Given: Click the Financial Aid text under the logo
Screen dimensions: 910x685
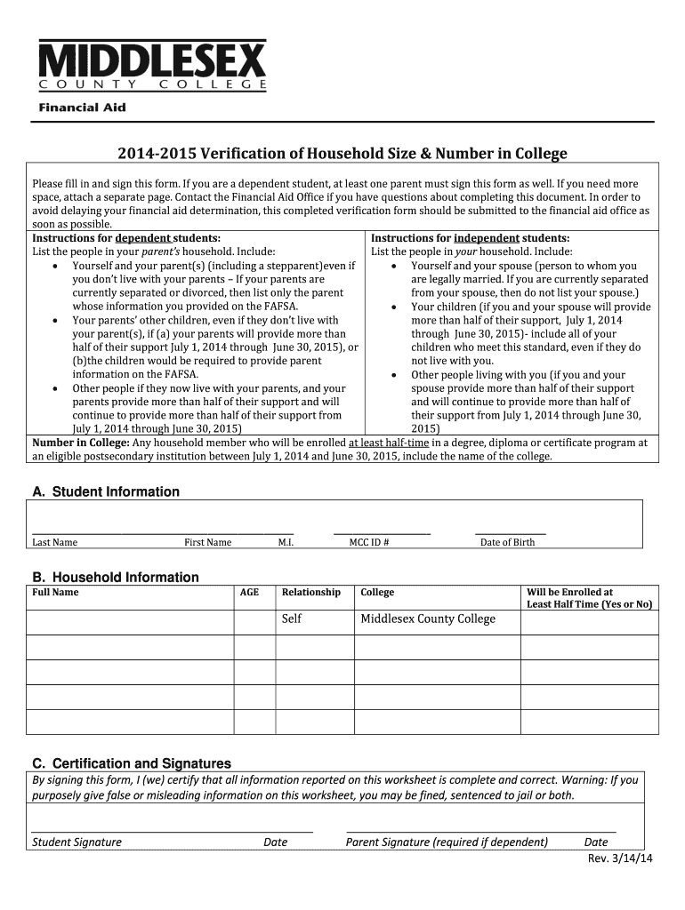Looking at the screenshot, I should click(81, 108).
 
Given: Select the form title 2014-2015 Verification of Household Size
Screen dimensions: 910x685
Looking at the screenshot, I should click(342, 154).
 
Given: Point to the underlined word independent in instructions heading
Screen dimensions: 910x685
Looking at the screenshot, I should click(486, 238).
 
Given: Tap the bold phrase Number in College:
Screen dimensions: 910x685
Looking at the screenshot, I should click(81, 443).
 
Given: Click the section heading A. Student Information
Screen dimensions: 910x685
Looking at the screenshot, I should click(106, 491).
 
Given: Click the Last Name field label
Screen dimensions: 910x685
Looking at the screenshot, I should click(55, 542).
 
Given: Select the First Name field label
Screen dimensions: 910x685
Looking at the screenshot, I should click(207, 542).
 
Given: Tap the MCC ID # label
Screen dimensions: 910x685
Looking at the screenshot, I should click(368, 542).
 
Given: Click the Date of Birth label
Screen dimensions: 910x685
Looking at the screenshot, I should click(507, 542).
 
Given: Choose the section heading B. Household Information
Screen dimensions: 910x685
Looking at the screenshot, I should click(116, 578).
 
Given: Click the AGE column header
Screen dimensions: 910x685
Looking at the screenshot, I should click(250, 592).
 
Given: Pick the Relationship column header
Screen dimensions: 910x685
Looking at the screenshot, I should click(310, 592).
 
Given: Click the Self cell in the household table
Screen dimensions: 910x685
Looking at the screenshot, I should click(292, 619).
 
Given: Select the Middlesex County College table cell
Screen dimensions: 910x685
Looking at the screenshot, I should click(427, 619).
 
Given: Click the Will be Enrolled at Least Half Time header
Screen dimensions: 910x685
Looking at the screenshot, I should click(589, 598).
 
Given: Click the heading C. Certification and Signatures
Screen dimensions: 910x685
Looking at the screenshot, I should click(132, 763).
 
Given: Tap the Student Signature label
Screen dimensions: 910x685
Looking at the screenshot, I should click(77, 842).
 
